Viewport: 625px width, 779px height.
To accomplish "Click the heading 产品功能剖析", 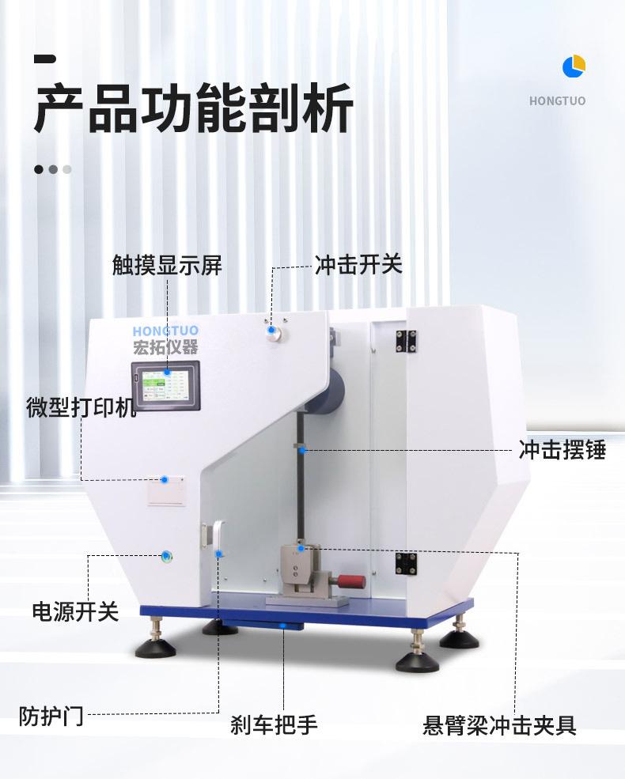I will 193,111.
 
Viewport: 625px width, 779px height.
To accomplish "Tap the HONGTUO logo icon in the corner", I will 574,66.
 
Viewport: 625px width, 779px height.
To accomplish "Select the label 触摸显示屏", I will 167,265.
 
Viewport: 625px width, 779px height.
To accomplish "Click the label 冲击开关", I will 358,264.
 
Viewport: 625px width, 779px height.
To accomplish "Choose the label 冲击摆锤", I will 562,450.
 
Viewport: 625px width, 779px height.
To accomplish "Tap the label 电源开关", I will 75,611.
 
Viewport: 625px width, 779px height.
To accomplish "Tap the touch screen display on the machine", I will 167,385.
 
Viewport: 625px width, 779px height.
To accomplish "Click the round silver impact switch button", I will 274,333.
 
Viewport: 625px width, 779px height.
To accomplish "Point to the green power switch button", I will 166,557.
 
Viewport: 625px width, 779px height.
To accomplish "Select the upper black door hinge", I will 407,339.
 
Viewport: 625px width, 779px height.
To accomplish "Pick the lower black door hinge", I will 407,564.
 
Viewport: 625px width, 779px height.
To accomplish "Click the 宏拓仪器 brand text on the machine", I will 165,346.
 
